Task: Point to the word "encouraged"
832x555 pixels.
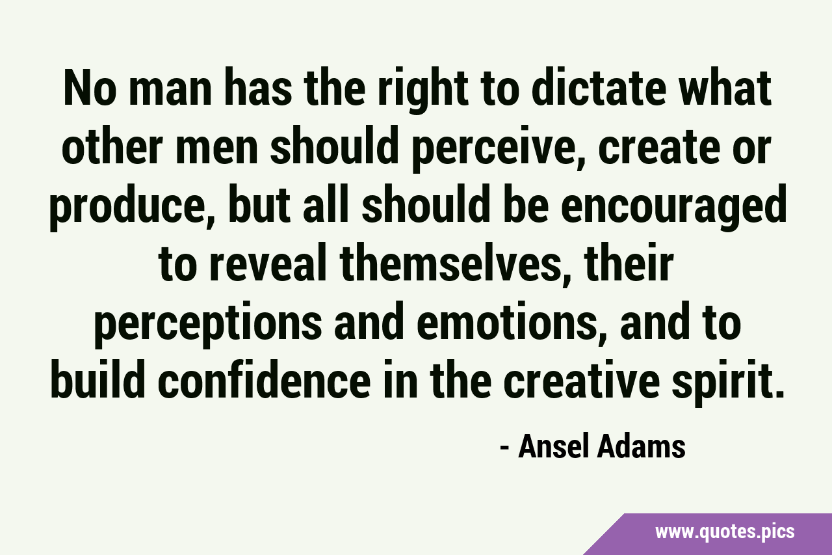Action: (x=673, y=208)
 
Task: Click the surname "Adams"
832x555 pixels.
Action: (x=641, y=446)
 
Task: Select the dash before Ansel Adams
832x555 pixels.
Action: (x=504, y=448)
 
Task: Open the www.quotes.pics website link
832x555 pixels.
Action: (x=725, y=532)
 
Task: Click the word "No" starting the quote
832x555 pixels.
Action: (x=88, y=88)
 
